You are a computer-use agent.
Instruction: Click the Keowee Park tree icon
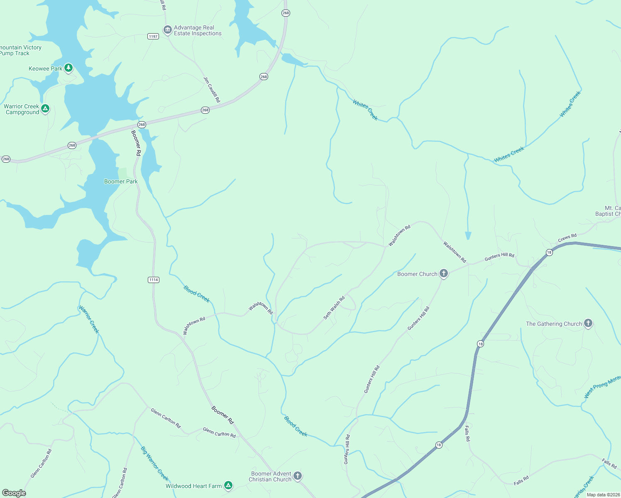pyautogui.click(x=68, y=68)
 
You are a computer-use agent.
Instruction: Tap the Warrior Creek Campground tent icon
pyautogui.click(x=45, y=109)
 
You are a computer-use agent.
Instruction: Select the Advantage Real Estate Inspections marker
pyautogui.click(x=168, y=30)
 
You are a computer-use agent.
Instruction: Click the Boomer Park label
pyautogui.click(x=121, y=181)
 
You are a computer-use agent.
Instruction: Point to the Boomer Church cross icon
pyautogui.click(x=444, y=273)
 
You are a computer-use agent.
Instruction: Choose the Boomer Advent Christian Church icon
pyautogui.click(x=298, y=476)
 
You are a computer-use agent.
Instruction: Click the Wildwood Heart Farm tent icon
pyautogui.click(x=228, y=485)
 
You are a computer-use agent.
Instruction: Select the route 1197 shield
pyautogui.click(x=153, y=37)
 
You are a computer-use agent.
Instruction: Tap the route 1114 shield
pyautogui.click(x=154, y=280)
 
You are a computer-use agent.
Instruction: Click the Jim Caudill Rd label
pyautogui.click(x=212, y=90)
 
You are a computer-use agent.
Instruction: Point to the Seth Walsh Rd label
pyautogui.click(x=334, y=308)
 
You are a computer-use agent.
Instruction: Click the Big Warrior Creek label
pyautogui.click(x=154, y=463)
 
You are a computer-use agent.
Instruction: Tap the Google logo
pyautogui.click(x=14, y=493)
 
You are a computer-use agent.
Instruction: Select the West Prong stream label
pyautogui.click(x=602, y=386)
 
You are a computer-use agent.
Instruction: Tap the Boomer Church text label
pyautogui.click(x=417, y=274)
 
